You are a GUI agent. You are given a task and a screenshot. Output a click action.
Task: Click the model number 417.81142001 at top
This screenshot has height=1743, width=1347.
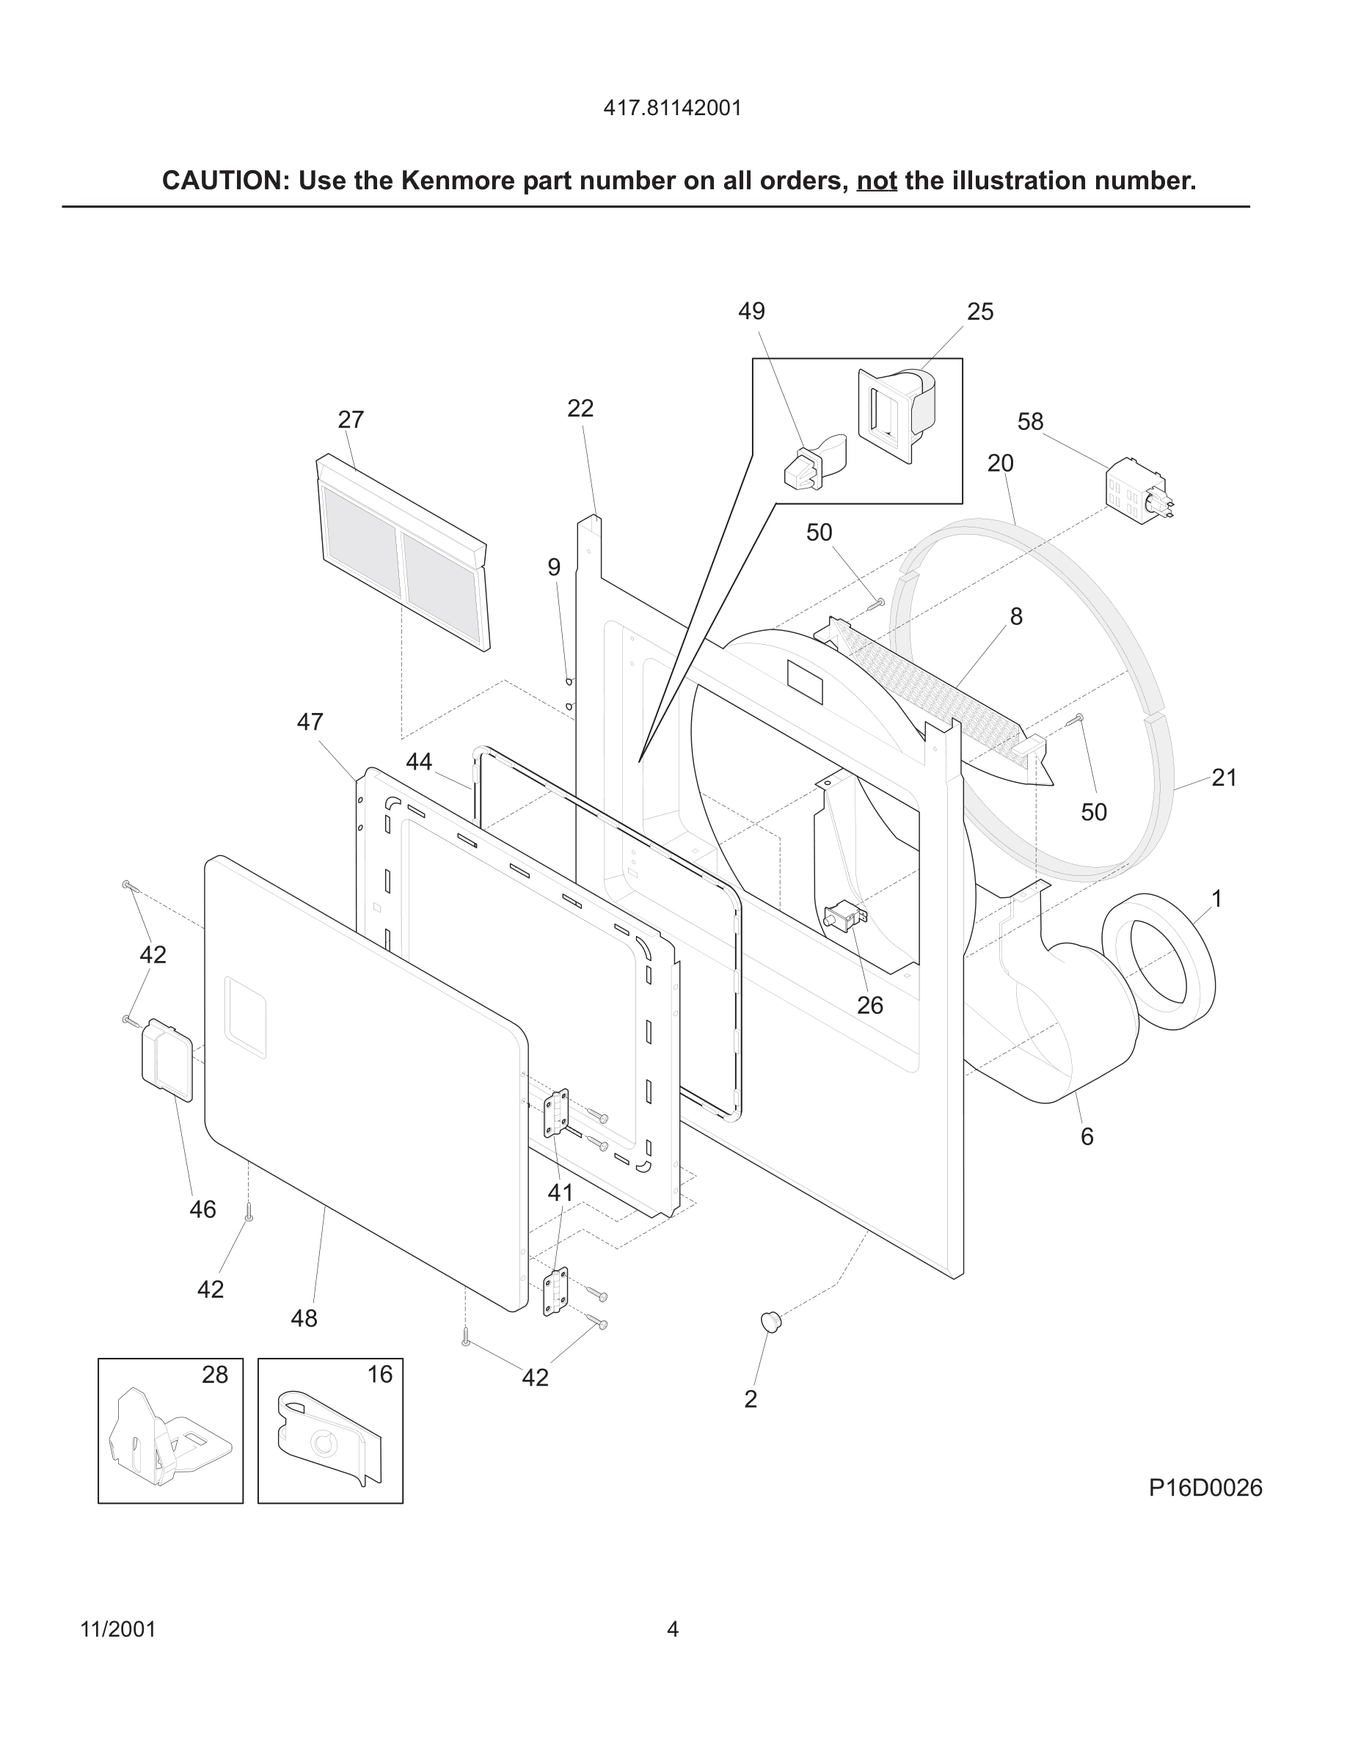click(672, 108)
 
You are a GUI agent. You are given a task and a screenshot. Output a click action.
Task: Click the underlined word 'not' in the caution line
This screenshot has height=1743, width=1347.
click(876, 181)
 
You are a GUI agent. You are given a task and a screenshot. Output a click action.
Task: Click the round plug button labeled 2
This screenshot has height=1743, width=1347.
click(770, 1320)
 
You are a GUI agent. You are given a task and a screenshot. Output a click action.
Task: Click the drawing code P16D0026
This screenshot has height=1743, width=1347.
click(1205, 1488)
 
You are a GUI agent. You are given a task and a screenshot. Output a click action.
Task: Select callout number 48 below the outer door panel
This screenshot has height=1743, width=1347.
click(304, 1318)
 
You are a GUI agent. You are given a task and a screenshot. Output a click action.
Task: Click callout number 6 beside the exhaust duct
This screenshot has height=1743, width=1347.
click(1087, 1136)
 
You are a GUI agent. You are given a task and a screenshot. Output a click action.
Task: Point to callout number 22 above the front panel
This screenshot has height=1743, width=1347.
click(580, 408)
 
